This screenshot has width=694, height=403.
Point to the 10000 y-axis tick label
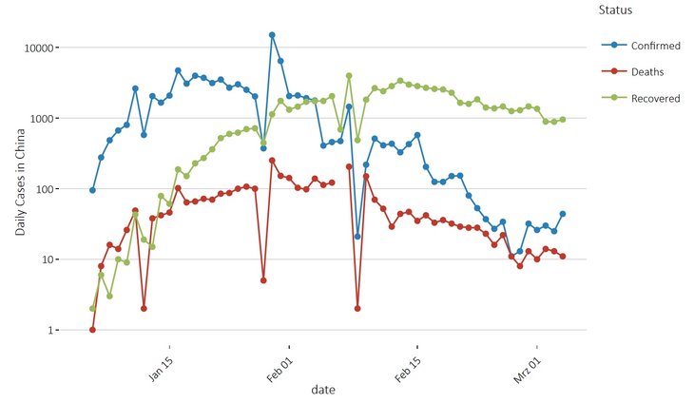(44, 48)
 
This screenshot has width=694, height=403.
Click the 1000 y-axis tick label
(47, 119)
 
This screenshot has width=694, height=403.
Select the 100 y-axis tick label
(49, 189)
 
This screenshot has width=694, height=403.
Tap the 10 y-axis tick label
(52, 259)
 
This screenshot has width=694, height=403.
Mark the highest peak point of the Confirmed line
(272, 35)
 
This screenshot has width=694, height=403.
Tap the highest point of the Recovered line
(349, 76)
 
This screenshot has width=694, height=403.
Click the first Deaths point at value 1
(92, 330)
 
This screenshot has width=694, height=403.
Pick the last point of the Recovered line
(563, 120)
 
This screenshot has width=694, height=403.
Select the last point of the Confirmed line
(563, 214)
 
